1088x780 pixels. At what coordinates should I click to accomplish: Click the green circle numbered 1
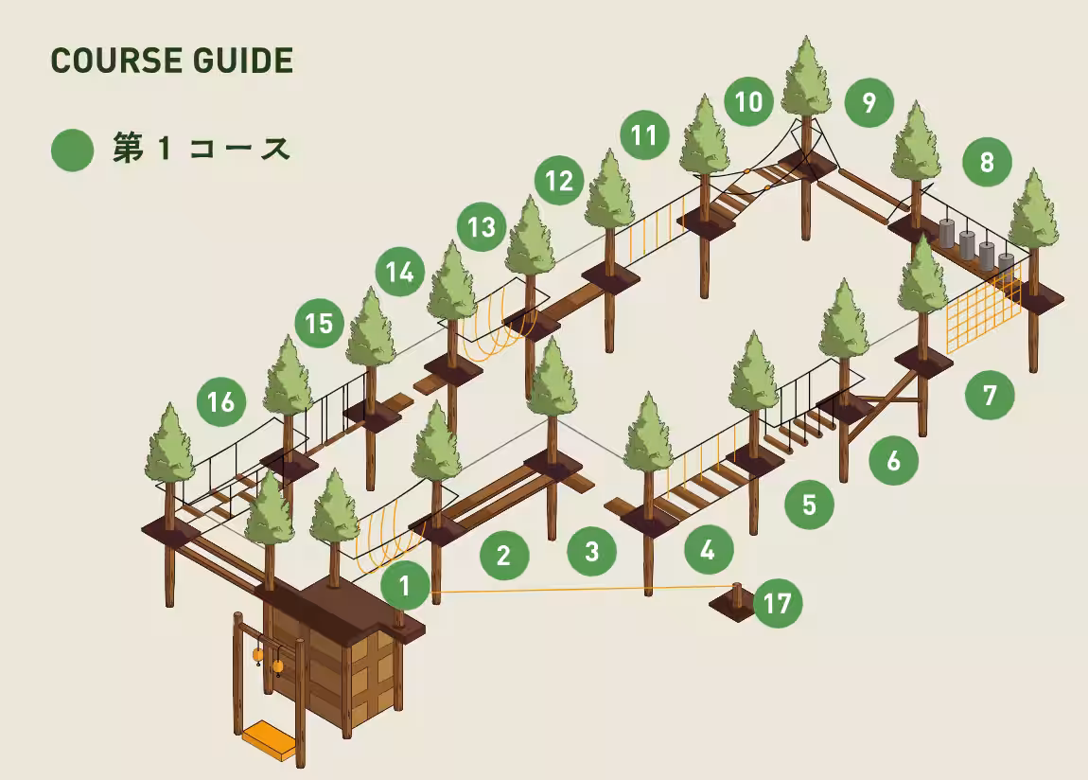click(x=405, y=586)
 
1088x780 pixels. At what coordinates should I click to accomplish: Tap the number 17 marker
click(x=778, y=603)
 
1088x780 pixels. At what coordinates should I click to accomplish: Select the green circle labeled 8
click(x=987, y=163)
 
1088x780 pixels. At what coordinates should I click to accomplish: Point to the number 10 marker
click(x=748, y=102)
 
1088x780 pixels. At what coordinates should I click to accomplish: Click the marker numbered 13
click(x=482, y=227)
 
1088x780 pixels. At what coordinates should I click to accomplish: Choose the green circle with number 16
click(x=221, y=401)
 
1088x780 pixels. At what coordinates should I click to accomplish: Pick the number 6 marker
click(x=894, y=460)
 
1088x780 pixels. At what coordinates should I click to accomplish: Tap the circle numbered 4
click(x=709, y=550)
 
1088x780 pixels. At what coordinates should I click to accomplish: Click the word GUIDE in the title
click(x=243, y=61)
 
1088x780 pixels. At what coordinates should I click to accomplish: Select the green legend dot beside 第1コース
click(x=72, y=150)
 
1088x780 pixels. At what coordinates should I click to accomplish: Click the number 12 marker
click(x=559, y=181)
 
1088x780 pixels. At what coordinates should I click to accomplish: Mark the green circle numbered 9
click(x=869, y=102)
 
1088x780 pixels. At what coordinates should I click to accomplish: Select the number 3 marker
click(x=592, y=552)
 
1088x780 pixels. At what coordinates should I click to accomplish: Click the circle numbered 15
click(x=319, y=324)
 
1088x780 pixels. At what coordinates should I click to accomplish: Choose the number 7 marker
click(x=990, y=395)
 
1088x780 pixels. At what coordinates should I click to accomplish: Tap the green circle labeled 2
click(x=504, y=555)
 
